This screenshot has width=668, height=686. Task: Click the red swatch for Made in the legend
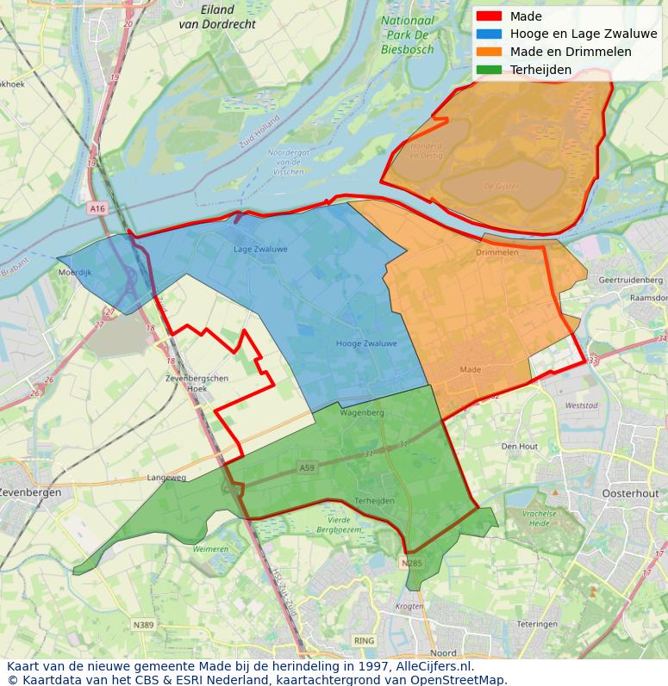[488, 16]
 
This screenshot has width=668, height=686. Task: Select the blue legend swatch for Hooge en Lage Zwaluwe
[488, 34]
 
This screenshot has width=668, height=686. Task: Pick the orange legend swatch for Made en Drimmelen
[488, 52]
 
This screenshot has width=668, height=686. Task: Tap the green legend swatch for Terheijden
[488, 70]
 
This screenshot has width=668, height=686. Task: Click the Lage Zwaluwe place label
[260, 250]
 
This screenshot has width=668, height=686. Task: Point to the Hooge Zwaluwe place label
[366, 343]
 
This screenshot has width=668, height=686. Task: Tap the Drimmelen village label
[497, 253]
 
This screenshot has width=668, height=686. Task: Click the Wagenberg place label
[362, 413]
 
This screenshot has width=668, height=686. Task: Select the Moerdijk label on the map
[74, 272]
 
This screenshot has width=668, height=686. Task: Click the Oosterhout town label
[630, 494]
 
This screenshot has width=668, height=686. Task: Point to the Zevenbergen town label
[30, 493]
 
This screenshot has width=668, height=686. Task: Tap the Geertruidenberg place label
[630, 281]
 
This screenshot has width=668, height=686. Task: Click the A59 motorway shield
[307, 467]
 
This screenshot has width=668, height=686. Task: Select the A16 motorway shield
[97, 208]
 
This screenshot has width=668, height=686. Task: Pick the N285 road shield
[412, 564]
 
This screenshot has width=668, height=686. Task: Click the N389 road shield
[143, 625]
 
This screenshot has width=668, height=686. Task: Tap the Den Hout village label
[520, 447]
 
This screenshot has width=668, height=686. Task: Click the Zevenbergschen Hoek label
[197, 383]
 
